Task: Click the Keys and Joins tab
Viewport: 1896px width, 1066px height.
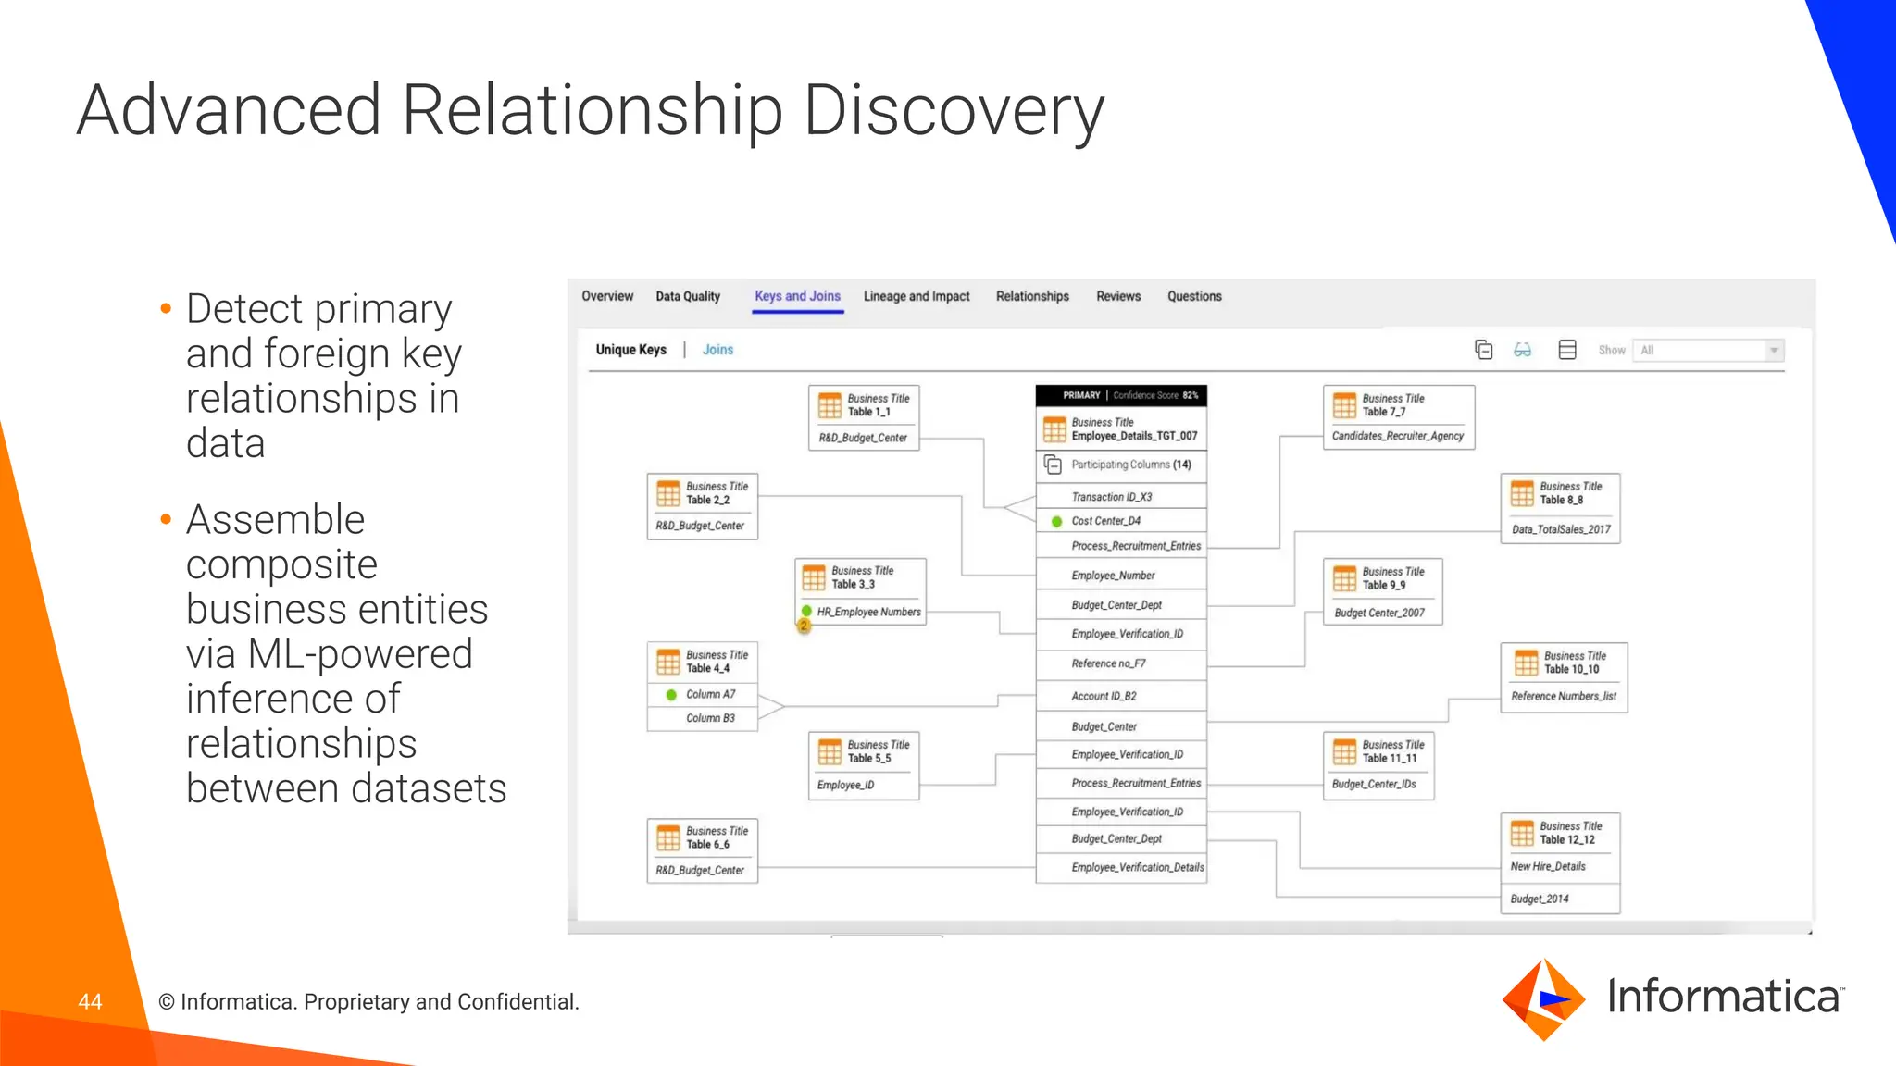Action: point(797,296)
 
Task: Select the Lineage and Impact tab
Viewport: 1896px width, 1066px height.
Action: point(917,296)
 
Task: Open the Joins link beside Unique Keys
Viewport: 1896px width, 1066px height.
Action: point(717,350)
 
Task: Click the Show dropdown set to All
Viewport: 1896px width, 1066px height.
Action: point(1707,350)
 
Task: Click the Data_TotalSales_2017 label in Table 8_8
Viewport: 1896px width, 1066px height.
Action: point(1561,529)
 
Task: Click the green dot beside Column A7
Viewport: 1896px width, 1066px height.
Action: point(671,694)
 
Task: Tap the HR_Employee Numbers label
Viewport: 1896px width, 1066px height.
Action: point(868,612)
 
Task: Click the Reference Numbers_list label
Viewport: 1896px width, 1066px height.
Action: point(1564,696)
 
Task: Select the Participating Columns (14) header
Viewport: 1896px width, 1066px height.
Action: point(1130,465)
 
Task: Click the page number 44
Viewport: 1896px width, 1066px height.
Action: point(90,1001)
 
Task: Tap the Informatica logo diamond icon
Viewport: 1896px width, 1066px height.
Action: point(1543,999)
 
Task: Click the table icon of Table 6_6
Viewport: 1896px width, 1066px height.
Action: point(667,838)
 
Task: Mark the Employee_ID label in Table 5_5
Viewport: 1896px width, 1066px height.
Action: point(845,785)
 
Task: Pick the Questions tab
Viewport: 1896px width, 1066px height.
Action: point(1194,296)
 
